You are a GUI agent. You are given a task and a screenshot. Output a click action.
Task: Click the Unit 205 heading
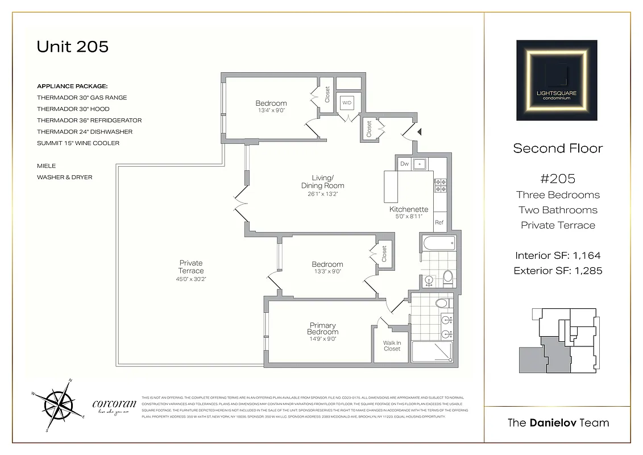[x=72, y=47]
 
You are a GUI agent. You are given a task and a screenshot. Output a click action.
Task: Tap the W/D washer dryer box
[x=347, y=103]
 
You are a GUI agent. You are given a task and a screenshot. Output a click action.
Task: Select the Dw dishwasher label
[x=404, y=164]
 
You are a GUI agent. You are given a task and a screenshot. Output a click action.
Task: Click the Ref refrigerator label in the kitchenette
[x=439, y=222]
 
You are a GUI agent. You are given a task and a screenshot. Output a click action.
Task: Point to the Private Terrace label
[x=191, y=267]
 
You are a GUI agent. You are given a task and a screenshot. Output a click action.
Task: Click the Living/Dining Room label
[x=322, y=182]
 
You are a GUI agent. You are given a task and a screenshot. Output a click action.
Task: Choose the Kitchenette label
[x=409, y=209]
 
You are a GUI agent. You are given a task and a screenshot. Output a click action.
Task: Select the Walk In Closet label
[x=392, y=346]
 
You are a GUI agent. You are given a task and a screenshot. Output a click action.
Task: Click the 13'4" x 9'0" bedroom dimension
[x=271, y=110]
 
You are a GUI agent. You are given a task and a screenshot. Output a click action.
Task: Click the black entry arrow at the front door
[x=420, y=131]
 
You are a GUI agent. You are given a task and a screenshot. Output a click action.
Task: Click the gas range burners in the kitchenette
[x=440, y=187]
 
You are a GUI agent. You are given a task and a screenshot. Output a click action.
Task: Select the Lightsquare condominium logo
[x=557, y=80]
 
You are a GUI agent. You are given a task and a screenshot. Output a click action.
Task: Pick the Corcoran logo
[x=114, y=405]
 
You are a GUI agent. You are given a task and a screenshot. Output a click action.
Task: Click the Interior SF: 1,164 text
[x=557, y=255]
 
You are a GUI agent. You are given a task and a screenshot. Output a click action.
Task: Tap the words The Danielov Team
[x=557, y=423]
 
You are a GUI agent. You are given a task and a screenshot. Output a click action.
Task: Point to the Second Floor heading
[x=557, y=148]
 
